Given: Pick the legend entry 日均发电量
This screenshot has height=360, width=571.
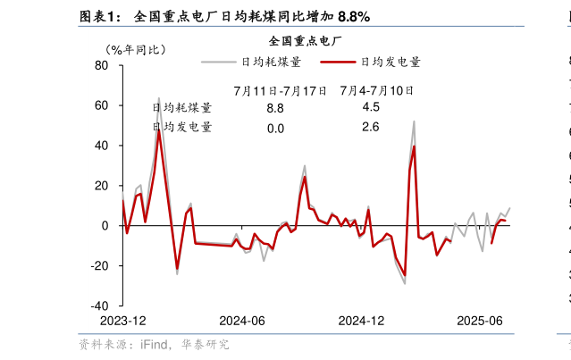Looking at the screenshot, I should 390,63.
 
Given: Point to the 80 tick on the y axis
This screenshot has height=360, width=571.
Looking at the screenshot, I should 101,66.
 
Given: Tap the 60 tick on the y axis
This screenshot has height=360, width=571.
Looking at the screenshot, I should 101,105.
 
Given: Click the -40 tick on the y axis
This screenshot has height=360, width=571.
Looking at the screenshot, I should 98,306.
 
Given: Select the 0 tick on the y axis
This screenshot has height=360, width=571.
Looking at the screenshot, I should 105,226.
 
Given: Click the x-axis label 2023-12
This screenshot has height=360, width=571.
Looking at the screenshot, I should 123,321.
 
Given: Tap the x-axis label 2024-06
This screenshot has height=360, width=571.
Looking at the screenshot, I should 242,321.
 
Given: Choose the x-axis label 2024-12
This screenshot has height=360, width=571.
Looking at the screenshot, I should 361,321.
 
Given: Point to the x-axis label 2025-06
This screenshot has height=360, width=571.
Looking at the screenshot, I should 480,321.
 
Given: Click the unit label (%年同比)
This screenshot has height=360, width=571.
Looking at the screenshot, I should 134,49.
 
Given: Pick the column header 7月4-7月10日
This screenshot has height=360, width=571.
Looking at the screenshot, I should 375,90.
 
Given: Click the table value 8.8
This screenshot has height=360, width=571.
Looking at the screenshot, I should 275,108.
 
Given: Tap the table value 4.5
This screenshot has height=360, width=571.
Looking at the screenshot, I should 371,107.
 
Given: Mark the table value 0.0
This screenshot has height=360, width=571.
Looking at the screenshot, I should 275,129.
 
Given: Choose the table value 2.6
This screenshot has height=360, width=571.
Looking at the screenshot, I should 371,128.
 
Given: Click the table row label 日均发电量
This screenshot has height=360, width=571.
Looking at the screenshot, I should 182,128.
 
